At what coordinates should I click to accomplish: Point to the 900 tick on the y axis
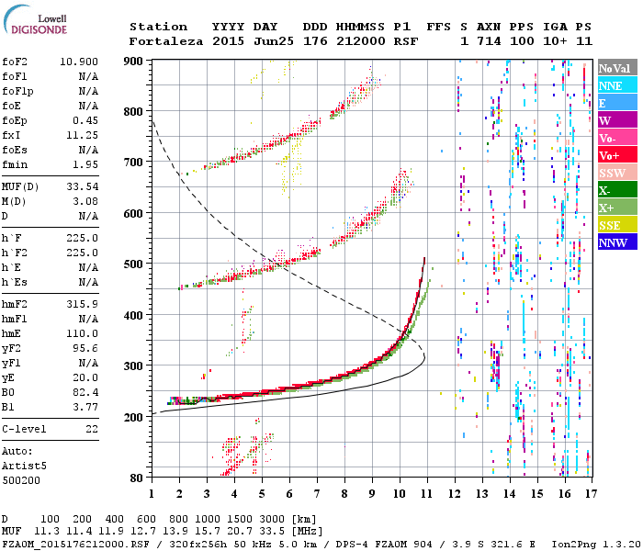tap(134, 61)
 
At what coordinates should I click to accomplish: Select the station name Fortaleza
tap(158, 41)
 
